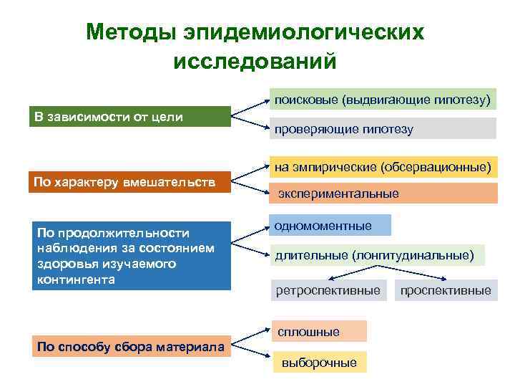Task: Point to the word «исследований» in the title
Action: point(255,61)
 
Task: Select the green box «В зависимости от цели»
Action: point(129,116)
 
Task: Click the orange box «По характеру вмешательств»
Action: point(129,182)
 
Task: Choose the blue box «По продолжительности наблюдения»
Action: point(129,256)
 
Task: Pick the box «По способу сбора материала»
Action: point(129,347)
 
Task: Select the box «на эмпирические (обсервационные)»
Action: point(383,167)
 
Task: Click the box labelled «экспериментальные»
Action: point(383,193)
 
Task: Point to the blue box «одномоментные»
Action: point(330,225)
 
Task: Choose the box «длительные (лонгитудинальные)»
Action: point(377,254)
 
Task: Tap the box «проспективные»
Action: point(446,290)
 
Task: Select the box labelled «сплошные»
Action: point(318,332)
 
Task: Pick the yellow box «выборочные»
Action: point(319,362)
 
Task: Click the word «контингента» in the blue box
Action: point(76,279)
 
